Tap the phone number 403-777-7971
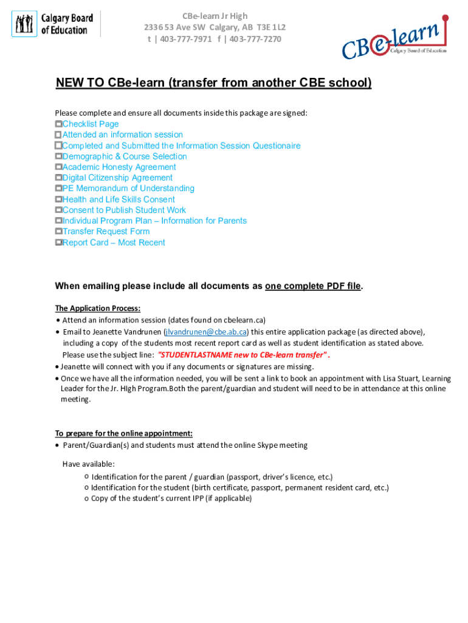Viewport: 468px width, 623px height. coord(183,39)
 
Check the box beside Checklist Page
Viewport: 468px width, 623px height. coord(58,124)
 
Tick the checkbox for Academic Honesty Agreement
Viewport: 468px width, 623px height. coord(58,167)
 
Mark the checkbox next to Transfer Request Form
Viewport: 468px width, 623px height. coord(58,232)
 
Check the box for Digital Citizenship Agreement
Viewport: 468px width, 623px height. coord(58,178)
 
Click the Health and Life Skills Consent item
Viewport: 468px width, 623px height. coord(118,200)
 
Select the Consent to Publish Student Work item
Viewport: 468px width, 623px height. coord(124,211)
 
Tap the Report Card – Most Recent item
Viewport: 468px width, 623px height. coord(113,243)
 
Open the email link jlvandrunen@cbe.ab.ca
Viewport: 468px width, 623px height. coord(205,332)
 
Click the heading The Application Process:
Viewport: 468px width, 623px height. coord(98,308)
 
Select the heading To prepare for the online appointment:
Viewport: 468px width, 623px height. coord(124,434)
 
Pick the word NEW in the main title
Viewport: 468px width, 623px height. coord(67,83)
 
